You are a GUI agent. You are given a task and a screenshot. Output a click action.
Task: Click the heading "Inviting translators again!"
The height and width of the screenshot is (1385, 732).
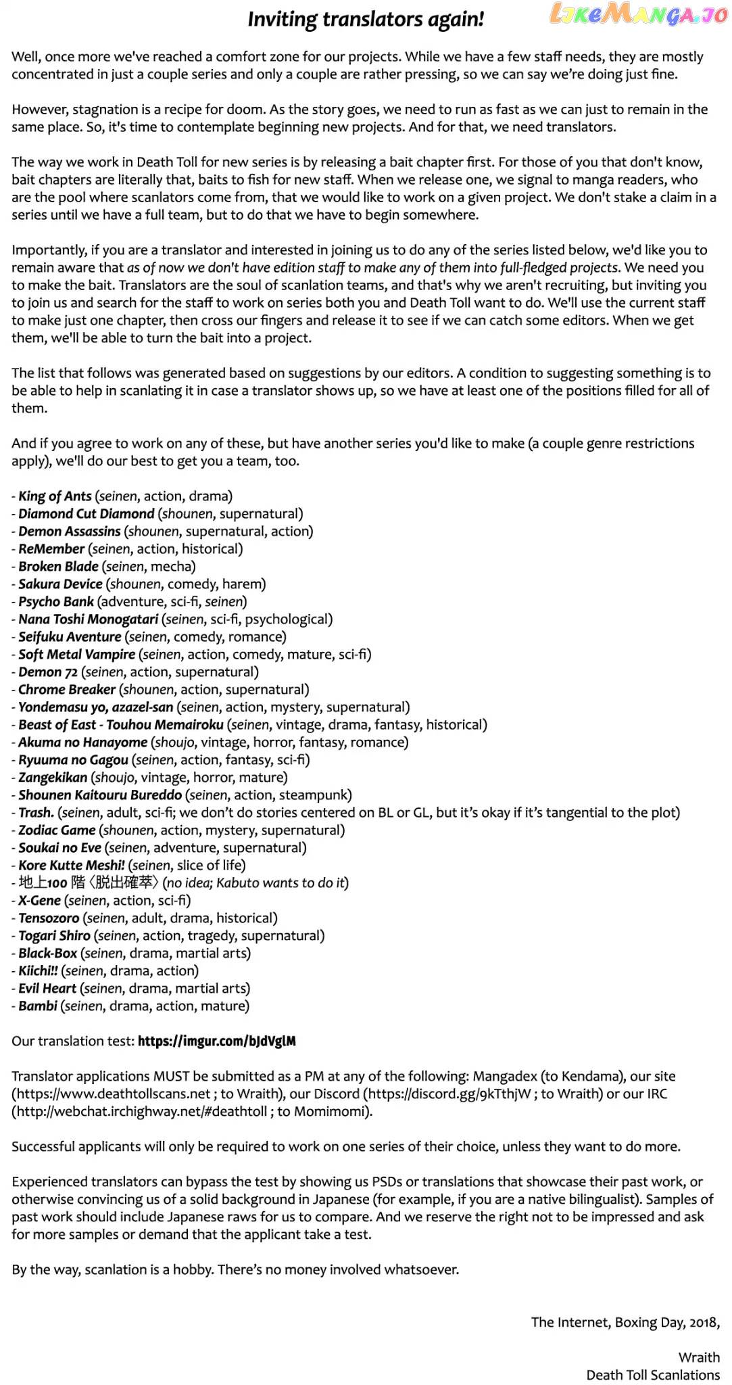coord(366,20)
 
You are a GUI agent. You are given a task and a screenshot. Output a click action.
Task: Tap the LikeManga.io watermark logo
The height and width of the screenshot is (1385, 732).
coord(638,14)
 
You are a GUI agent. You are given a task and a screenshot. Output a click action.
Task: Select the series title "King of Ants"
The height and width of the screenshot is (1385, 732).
coord(55,496)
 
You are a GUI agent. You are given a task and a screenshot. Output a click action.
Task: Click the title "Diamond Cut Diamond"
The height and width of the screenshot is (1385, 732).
coord(86,513)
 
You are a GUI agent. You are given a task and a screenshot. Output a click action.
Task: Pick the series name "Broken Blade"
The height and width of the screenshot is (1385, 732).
coord(58,566)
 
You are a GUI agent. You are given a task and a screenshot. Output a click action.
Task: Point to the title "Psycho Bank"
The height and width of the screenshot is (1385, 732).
coord(56,601)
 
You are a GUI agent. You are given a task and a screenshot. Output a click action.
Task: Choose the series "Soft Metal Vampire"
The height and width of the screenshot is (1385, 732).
coord(76,654)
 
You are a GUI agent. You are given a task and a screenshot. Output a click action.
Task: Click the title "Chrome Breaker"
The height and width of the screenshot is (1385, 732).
coord(67,689)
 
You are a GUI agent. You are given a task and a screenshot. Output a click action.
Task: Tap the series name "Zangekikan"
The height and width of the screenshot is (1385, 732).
coord(53,777)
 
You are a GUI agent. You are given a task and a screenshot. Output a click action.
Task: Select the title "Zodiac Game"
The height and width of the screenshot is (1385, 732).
coord(57,830)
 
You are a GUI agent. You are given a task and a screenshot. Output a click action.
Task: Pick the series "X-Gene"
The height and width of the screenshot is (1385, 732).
coord(39,900)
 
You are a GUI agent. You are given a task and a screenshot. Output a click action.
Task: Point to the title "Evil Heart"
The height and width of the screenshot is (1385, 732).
coord(47,988)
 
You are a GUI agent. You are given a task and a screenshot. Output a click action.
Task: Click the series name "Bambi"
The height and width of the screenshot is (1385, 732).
coord(38,1006)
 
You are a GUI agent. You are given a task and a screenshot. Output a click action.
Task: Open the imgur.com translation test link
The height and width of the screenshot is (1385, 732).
coord(216,1041)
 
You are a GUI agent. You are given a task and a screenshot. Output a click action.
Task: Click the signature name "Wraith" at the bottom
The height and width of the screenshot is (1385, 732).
coord(699,1357)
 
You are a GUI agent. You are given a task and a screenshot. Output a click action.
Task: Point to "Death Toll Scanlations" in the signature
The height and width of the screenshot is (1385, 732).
coord(652,1375)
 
